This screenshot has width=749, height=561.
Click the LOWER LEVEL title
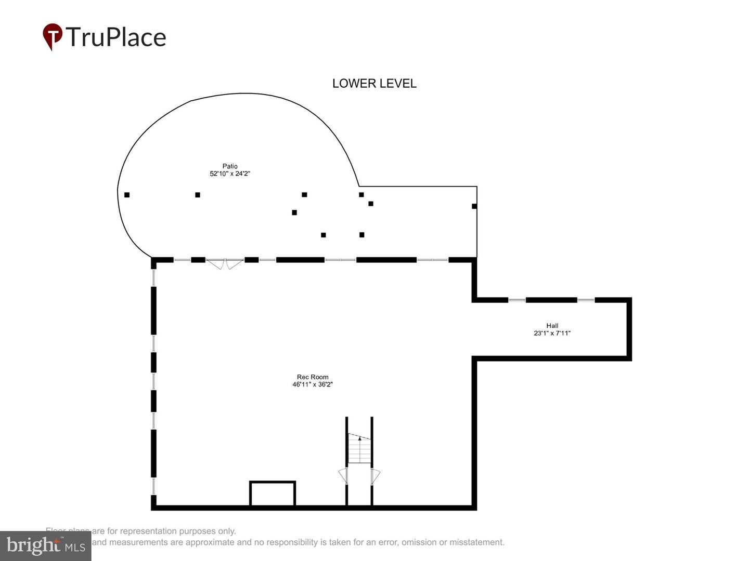click(374, 84)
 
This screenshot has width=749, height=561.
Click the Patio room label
click(230, 166)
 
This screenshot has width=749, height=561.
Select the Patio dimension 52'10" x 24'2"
click(230, 174)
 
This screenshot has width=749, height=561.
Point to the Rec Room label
click(313, 377)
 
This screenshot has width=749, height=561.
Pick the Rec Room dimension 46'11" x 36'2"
click(313, 385)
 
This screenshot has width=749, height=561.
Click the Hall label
click(552, 326)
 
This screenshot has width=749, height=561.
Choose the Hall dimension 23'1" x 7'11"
click(552, 333)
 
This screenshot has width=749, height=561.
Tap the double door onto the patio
click(225, 263)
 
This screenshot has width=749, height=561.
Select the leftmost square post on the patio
click(127, 195)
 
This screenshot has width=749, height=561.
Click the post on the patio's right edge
click(474, 206)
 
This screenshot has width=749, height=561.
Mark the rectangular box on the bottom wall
click(273, 493)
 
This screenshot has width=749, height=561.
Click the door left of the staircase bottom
click(343, 476)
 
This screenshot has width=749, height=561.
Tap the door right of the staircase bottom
click(376, 476)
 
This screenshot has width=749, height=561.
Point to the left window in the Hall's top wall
click(517, 300)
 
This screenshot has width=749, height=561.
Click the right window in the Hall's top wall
click(586, 300)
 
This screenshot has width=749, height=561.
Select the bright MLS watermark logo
click(46, 546)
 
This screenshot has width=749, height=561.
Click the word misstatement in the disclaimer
click(477, 542)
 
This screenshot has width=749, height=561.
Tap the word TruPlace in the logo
click(116, 37)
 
